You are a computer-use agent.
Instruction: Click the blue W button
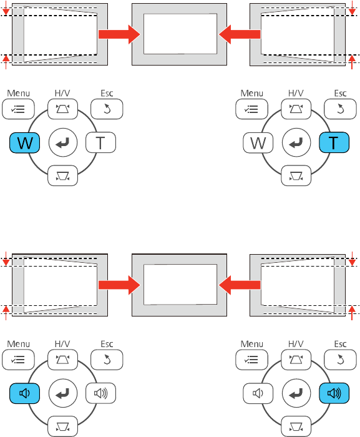25,143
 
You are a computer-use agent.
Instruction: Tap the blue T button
334,143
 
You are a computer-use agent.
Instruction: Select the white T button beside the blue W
100,143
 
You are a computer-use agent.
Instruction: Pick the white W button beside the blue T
258,143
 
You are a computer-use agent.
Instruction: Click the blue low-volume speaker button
25,393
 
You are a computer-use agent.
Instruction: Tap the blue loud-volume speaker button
334,393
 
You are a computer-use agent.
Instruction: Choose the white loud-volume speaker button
100,393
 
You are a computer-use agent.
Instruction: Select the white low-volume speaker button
258,393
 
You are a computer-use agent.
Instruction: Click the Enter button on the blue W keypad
62,143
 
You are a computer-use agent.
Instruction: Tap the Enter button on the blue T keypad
296,143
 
